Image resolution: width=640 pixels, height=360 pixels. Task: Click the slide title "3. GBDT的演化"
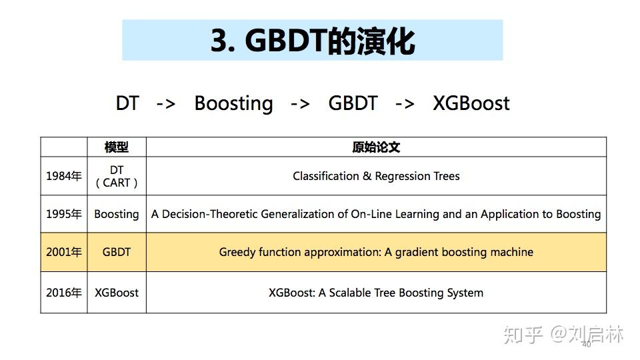pos(313,41)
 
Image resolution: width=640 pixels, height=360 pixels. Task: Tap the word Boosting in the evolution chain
pos(233,103)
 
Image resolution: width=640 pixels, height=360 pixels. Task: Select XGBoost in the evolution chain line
pos(471,103)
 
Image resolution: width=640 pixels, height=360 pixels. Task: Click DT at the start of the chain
pos(127,103)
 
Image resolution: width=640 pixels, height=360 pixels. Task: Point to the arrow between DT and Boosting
pos(166,104)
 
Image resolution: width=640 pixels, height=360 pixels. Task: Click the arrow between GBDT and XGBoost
pos(405,104)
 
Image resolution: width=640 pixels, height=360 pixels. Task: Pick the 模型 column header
pos(117,147)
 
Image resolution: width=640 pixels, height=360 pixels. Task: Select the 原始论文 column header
pos(376,147)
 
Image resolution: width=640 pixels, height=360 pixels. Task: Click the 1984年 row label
pos(64,177)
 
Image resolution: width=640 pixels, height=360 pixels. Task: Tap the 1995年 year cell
pos(64,215)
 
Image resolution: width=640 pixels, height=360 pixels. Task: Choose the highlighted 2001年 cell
pos(64,253)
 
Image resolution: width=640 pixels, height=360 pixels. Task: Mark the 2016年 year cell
pos(64,293)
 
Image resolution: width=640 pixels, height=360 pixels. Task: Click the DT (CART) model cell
pos(117,177)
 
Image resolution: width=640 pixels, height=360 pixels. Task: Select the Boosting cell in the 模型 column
pos(117,215)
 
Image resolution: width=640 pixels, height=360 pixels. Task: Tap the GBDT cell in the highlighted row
pos(117,253)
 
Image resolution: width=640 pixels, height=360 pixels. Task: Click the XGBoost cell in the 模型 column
pos(117,293)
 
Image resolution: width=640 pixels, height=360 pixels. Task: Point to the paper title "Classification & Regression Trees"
pos(376,177)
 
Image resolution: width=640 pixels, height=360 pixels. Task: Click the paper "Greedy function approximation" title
pos(376,253)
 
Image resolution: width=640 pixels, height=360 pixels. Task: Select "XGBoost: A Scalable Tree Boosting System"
pos(376,293)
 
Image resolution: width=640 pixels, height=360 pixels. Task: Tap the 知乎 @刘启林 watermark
pos(563,334)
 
